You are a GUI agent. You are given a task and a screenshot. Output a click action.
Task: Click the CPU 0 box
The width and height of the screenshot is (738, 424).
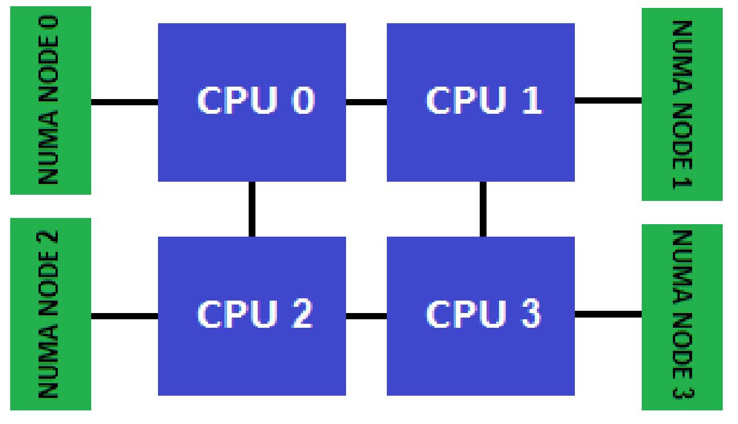click(x=251, y=142)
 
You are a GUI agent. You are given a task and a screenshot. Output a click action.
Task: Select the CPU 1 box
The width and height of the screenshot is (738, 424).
click(x=480, y=142)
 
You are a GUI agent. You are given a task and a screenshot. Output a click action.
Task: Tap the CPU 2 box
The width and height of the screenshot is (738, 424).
click(x=251, y=357)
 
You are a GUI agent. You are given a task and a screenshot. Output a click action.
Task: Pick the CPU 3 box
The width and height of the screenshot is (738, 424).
click(x=480, y=357)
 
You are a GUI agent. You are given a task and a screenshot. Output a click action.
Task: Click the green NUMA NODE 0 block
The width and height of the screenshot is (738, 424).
click(x=50, y=100)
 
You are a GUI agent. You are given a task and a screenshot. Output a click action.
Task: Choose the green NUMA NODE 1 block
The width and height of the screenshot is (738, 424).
click(x=682, y=104)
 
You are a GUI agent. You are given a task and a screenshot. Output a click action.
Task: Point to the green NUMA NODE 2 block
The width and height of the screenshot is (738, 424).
click(x=50, y=314)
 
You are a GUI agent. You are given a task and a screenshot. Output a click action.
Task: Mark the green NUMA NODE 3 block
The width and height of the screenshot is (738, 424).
click(x=682, y=317)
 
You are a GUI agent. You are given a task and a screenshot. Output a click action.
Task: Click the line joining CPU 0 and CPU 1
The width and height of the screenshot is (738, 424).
click(x=366, y=102)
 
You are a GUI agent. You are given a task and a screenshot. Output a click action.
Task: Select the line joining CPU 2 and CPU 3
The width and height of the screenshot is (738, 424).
click(x=366, y=315)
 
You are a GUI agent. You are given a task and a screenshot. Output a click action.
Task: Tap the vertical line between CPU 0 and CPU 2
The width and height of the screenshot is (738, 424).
click(x=251, y=209)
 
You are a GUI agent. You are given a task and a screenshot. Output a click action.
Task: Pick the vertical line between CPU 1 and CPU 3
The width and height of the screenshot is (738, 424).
click(x=483, y=209)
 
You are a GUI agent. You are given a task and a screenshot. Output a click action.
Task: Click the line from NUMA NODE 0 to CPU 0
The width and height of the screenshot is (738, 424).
click(x=124, y=102)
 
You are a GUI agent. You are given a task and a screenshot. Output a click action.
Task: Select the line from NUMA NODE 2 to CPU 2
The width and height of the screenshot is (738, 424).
click(x=124, y=315)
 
